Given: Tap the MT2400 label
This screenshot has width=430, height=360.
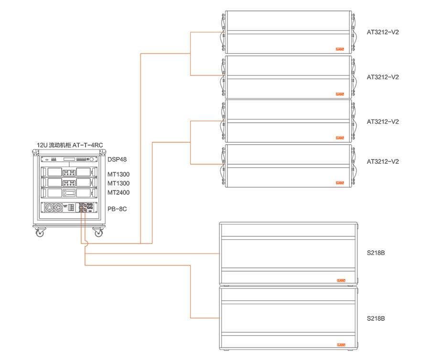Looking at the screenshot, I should [x=118, y=192].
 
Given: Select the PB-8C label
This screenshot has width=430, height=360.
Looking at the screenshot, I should [x=116, y=209].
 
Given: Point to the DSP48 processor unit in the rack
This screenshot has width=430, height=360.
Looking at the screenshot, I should [x=69, y=160].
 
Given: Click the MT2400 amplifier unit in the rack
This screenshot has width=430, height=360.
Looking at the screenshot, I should [x=69, y=193].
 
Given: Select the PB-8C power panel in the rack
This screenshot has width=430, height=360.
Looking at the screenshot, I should [x=69, y=208].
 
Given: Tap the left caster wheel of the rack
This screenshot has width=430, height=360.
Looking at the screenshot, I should [x=40, y=233].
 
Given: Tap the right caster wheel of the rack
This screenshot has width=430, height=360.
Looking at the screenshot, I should [x=99, y=233].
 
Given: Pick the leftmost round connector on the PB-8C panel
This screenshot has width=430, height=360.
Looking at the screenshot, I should [x=49, y=208].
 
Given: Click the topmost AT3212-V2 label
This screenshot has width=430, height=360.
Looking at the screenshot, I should [x=383, y=32].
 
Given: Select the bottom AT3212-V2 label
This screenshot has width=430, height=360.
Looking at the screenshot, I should [x=383, y=161].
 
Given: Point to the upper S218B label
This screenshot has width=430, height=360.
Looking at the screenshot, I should [x=376, y=253].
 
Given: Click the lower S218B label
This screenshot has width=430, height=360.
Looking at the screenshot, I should [x=376, y=318].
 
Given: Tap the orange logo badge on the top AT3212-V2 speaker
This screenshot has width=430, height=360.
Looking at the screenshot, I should [x=340, y=49].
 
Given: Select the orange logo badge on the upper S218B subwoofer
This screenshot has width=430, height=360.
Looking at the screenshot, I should [x=341, y=280].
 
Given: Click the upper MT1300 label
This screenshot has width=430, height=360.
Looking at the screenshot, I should [x=118, y=174].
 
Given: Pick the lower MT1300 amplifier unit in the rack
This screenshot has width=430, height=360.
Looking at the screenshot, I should [x=69, y=182].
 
